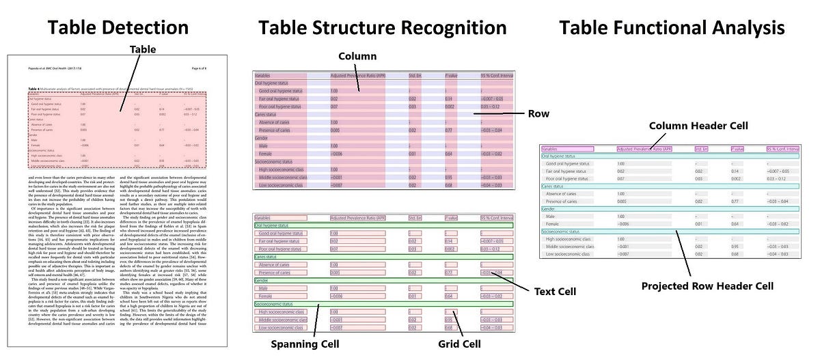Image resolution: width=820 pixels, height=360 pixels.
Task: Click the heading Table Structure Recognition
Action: coord(383,27)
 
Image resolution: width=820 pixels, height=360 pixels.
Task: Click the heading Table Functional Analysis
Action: coord(672,27)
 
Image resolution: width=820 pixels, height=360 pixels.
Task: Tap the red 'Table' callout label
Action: coord(143,49)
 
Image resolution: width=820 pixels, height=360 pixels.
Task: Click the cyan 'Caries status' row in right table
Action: coord(557,186)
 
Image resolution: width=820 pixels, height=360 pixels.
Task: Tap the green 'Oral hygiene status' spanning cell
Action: coord(273,225)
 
